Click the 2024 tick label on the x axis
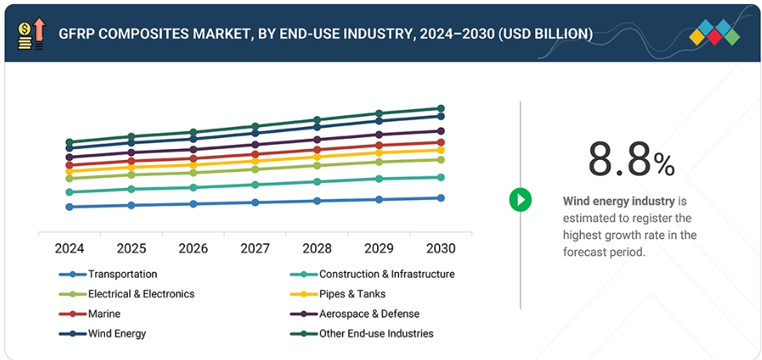70,249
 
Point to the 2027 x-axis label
256,249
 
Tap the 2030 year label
441,249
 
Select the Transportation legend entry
122,275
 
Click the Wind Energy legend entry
117,333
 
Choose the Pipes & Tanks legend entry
352,294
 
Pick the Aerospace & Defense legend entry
368,314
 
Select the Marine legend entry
104,314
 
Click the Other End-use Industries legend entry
376,333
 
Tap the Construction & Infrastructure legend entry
386,275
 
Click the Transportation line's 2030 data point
441,198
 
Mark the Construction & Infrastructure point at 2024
70,191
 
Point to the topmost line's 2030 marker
441,108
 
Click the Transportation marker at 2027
256,202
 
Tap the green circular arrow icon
520,199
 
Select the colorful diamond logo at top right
714,32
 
